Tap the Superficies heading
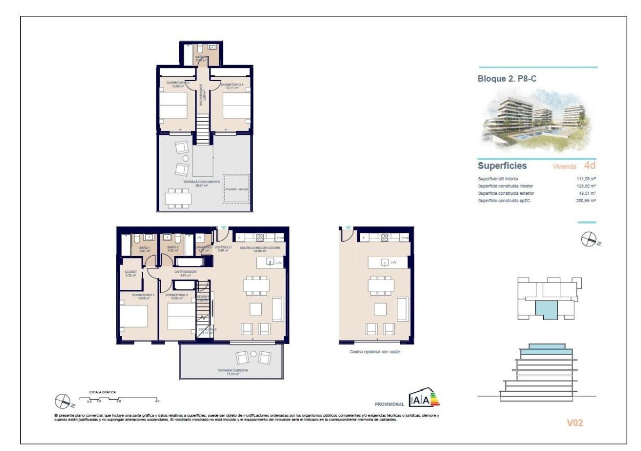(502, 166)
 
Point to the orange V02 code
(574, 423)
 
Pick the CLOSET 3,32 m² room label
(131, 273)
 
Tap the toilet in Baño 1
(137, 238)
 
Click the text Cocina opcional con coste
(374, 352)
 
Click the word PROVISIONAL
(390, 404)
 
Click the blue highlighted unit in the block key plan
(549, 308)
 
